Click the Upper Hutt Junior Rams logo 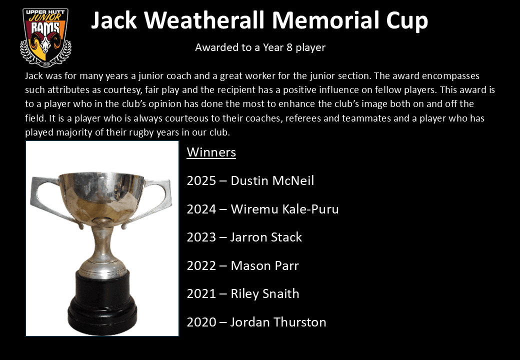coord(45,37)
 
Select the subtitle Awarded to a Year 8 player coord(260,48)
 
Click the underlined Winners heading coord(211,152)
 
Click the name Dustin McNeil coord(272,181)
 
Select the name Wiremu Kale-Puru coord(284,209)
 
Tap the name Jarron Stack coord(266,237)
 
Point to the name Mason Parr coord(264,266)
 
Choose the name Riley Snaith coord(264,294)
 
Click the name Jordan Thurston coord(278,322)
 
